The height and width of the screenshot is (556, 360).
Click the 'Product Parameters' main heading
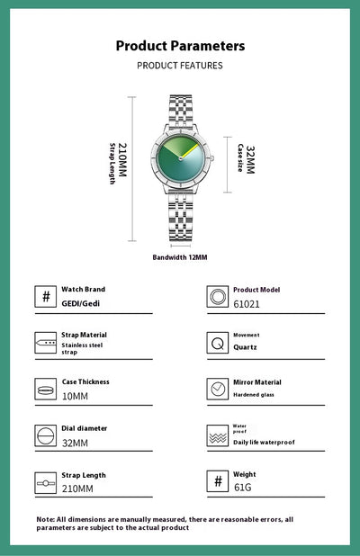(180, 46)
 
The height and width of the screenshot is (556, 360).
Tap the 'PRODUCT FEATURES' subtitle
(180, 66)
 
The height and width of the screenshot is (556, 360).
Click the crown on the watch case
(212, 158)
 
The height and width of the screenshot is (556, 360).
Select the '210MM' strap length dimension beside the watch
(122, 160)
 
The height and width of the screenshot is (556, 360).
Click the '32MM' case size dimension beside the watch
(250, 159)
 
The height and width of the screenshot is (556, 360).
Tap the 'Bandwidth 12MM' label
(180, 257)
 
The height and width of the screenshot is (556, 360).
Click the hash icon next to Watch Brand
(45, 296)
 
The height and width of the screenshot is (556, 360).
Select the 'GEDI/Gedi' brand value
(80, 303)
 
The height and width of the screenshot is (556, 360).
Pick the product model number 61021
(247, 304)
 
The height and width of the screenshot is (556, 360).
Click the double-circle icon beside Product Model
(218, 296)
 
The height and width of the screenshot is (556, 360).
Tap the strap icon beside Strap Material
(45, 343)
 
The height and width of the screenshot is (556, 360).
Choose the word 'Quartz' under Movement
(245, 347)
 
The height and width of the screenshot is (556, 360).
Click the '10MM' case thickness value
(75, 396)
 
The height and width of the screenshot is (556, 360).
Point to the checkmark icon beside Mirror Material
(218, 389)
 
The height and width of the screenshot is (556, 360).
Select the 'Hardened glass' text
(254, 395)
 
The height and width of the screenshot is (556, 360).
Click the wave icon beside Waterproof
(218, 436)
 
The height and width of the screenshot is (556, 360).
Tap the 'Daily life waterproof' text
(264, 442)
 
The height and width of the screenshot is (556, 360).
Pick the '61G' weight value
(243, 488)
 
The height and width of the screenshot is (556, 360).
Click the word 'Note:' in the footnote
(46, 519)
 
